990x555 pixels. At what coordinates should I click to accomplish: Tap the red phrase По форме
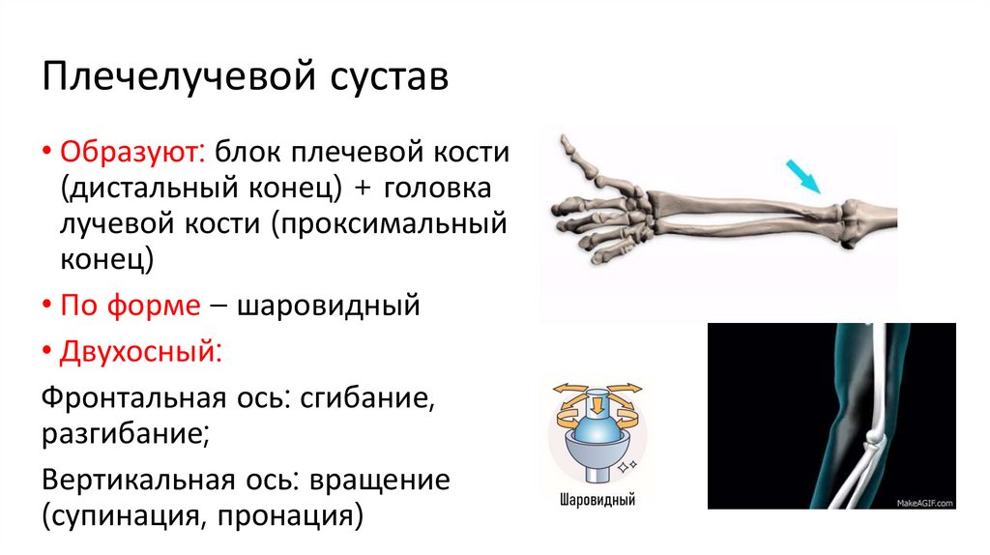[x=131, y=306]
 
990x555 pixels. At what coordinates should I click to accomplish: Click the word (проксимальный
[x=390, y=223]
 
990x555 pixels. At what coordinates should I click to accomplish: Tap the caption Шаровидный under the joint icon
[x=597, y=502]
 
